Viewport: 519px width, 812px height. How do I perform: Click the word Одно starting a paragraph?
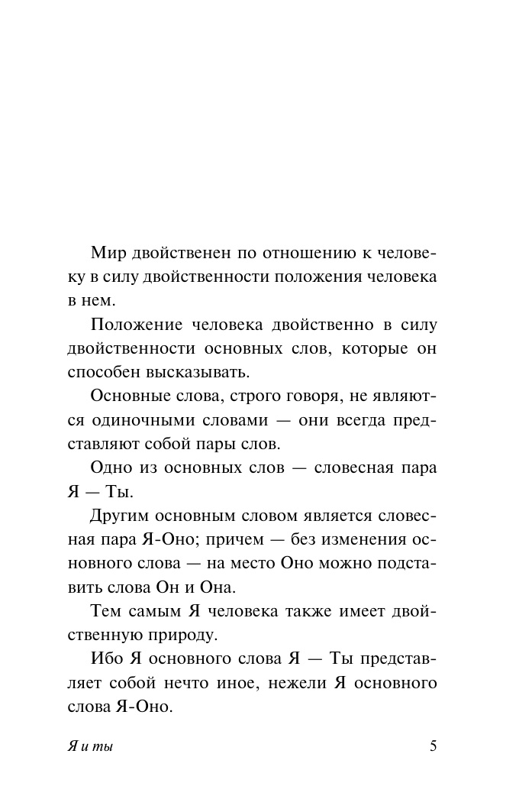(111, 467)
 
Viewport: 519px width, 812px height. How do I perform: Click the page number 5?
(434, 746)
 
